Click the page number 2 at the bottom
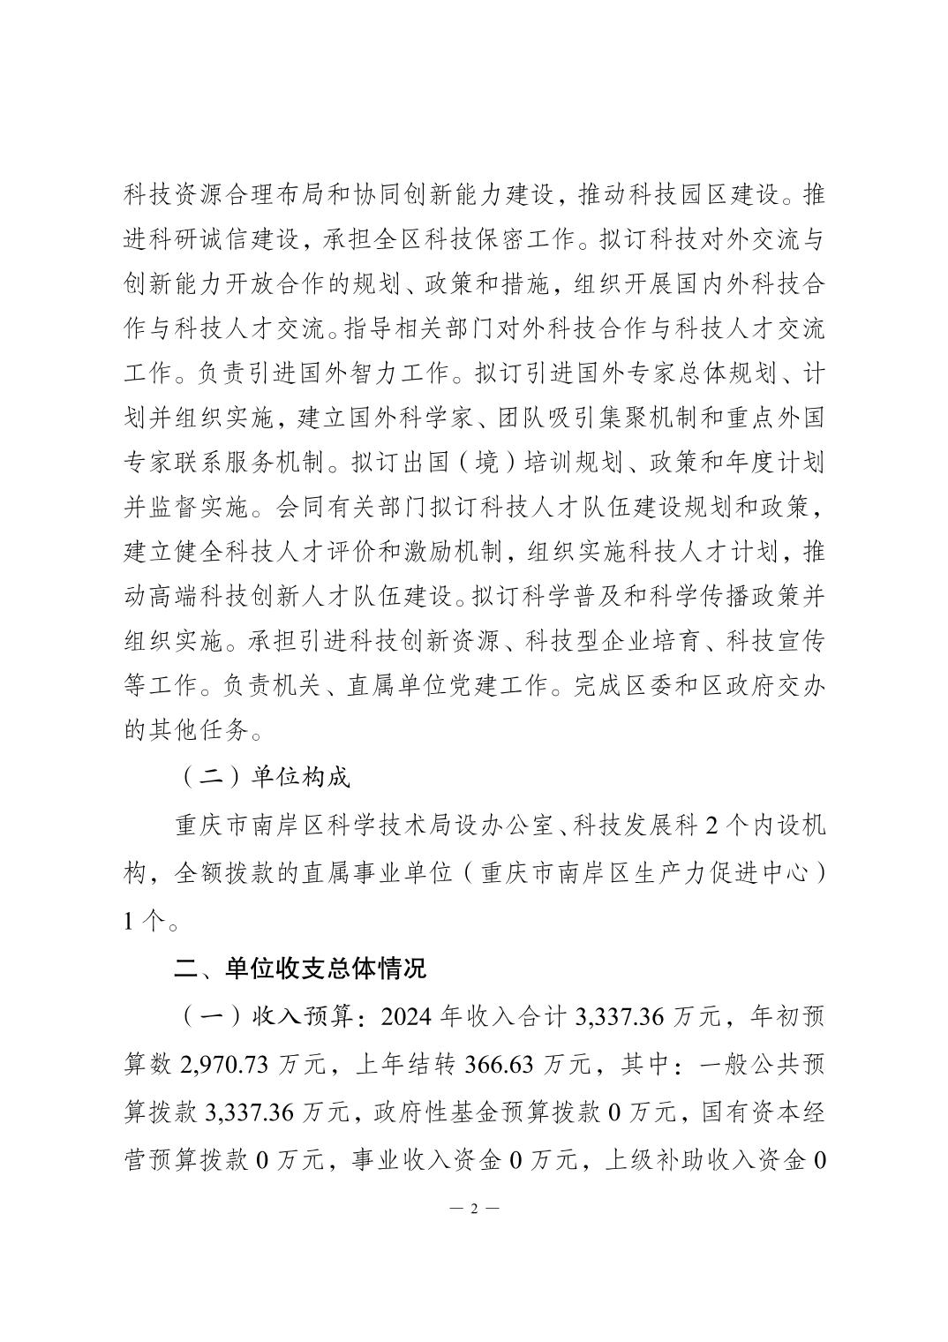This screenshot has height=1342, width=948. pyautogui.click(x=473, y=1209)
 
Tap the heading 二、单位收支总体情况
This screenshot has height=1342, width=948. pyautogui.click(x=299, y=969)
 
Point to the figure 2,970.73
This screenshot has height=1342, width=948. pyautogui.click(x=224, y=1064)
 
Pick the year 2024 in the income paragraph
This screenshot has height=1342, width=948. pyautogui.click(x=411, y=1016)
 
